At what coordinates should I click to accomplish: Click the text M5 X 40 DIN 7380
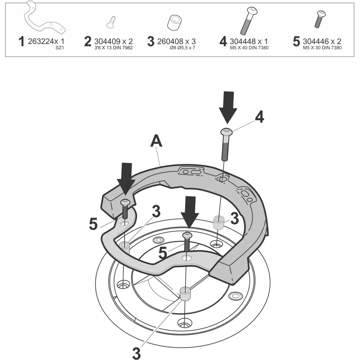pos(249,48)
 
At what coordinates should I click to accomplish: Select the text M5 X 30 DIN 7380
pos(322,48)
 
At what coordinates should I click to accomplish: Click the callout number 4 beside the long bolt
pos(259,117)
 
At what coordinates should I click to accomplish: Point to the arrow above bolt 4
pos(228,107)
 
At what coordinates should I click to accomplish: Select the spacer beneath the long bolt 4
pos(219,222)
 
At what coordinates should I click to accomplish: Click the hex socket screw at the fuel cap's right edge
pos(235,296)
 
